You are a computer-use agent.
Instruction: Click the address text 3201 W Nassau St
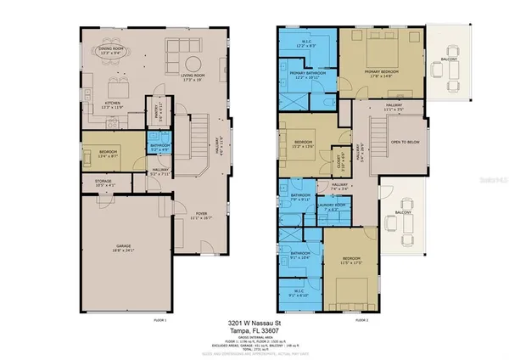click(x=255, y=324)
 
